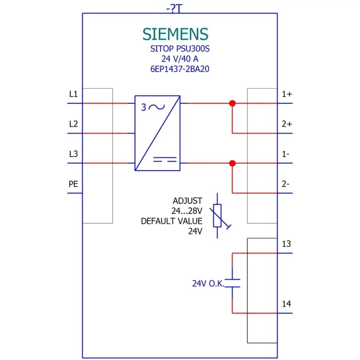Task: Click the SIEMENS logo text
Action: point(175,34)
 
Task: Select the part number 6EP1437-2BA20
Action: point(180,69)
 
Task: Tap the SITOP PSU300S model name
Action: point(180,49)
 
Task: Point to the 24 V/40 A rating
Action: point(180,59)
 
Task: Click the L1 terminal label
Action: point(73,94)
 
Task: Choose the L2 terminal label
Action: point(73,124)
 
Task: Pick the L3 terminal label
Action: point(73,154)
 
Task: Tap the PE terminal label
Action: point(73,184)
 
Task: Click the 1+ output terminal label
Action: point(287,94)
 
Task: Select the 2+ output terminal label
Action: point(287,124)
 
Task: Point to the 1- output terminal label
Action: point(285,154)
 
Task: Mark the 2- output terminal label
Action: point(285,184)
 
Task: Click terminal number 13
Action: point(286,244)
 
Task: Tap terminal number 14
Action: point(286,304)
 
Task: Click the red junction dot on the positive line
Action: point(233,103)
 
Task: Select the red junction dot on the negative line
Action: point(233,163)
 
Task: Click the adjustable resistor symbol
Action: point(217,216)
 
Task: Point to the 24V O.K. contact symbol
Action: point(233,283)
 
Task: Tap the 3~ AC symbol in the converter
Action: point(153,107)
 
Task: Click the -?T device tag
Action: point(174,9)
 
